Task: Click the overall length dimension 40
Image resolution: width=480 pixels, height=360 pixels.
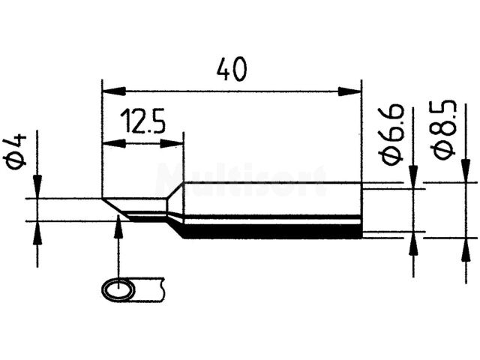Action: click(x=232, y=69)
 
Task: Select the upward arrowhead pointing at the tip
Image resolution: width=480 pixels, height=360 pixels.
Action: click(x=118, y=225)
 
